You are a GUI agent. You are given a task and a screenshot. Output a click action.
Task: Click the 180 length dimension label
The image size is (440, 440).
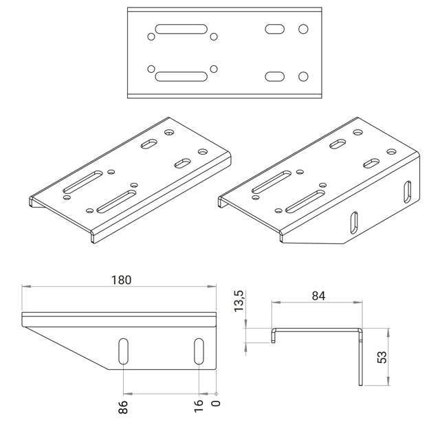click(x=121, y=280)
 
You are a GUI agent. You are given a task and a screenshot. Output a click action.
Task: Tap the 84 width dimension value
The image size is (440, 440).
click(x=318, y=296)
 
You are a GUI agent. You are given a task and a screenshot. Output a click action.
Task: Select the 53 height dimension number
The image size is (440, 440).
click(x=382, y=357)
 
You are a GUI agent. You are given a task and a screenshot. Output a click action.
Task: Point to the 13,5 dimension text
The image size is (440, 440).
click(x=239, y=301)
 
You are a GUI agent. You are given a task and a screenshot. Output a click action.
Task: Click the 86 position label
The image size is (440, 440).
click(x=123, y=407)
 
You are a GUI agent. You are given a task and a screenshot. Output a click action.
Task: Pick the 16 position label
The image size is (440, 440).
click(x=199, y=406)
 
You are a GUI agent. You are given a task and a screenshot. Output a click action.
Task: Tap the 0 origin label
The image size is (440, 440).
click(x=216, y=404)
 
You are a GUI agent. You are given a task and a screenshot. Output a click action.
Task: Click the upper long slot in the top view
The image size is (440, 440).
click(x=181, y=29)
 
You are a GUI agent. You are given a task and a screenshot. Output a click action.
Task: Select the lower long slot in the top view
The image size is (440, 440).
click(x=181, y=76)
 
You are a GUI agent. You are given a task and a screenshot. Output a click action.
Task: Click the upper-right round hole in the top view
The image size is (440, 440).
click(x=303, y=29)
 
